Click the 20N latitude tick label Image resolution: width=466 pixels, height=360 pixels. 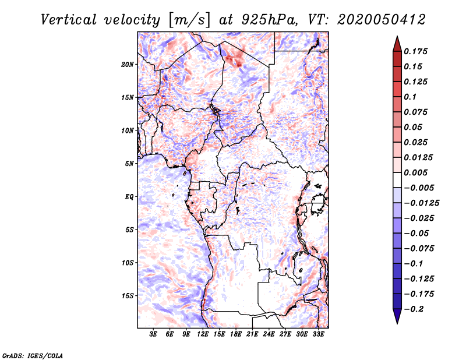click(x=128, y=65)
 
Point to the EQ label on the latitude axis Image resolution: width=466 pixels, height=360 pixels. click(x=129, y=197)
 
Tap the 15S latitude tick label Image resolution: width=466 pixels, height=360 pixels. click(x=128, y=296)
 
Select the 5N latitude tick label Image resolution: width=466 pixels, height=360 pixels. click(x=129, y=164)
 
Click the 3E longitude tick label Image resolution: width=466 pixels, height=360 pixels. click(x=153, y=334)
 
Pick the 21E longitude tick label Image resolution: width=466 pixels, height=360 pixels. click(x=252, y=334)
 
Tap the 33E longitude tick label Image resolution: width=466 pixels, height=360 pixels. click(x=318, y=334)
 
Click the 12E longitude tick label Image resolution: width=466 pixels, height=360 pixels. click(x=203, y=334)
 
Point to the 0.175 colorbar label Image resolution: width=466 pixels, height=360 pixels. click(x=415, y=51)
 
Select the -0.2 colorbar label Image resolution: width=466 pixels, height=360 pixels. click(x=414, y=309)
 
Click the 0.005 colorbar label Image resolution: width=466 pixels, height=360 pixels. click(x=415, y=172)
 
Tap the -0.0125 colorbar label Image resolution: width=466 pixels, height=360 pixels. click(x=421, y=203)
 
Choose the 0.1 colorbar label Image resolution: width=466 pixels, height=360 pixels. click(x=410, y=97)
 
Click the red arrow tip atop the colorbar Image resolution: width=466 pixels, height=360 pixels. click(x=397, y=36)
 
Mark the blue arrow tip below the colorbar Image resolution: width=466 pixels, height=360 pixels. click(x=397, y=323)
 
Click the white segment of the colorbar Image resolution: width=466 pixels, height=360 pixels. click(x=397, y=180)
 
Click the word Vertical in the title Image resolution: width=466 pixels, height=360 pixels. click(x=69, y=20)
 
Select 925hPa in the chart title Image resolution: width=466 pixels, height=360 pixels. click(x=269, y=20)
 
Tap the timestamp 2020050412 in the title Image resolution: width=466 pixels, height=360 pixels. click(x=382, y=20)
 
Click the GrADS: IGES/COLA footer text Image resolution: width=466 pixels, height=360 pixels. click(x=33, y=355)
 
